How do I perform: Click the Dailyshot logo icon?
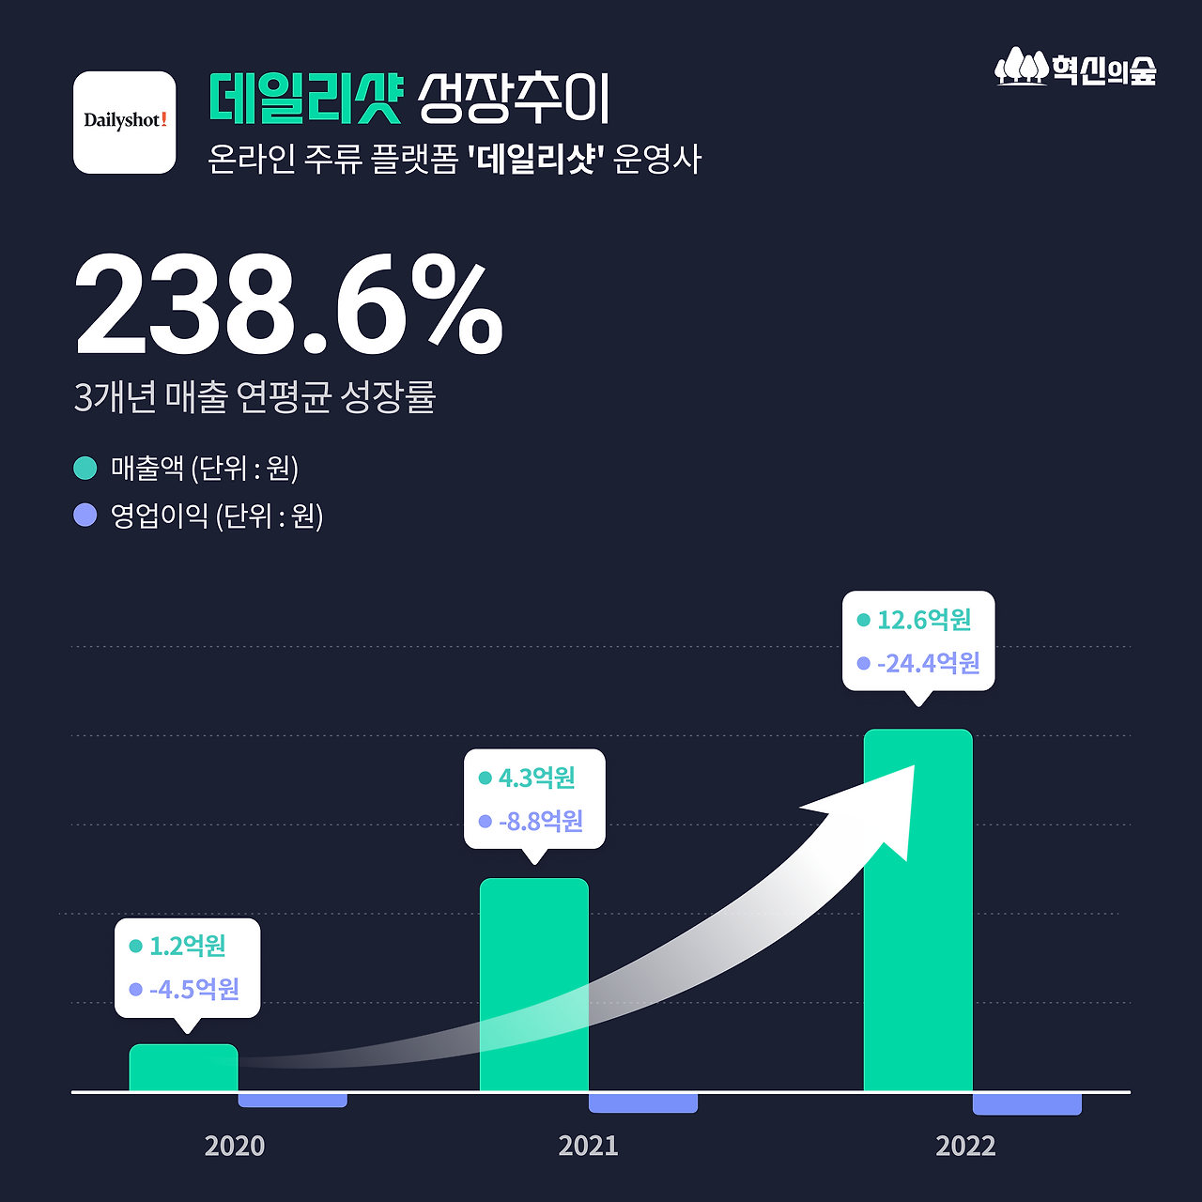[125, 122]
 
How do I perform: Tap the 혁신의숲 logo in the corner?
[1076, 69]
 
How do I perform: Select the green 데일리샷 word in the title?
[305, 99]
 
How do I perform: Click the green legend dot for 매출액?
[85, 468]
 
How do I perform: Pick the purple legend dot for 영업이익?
[85, 516]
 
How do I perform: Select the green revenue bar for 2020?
[183, 1069]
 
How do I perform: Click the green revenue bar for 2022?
[917, 939]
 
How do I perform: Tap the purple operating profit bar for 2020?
[292, 1100]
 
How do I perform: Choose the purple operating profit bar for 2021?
[643, 1102]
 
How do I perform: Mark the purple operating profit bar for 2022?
[1026, 1104]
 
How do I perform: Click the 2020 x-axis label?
[235, 1146]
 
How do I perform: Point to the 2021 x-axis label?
[589, 1146]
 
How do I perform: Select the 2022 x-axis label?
[965, 1146]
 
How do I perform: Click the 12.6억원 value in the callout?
[924, 620]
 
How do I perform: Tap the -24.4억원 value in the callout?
[928, 664]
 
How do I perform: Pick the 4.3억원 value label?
[536, 778]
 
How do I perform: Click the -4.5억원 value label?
[194, 989]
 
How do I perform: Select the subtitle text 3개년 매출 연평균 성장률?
[255, 397]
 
